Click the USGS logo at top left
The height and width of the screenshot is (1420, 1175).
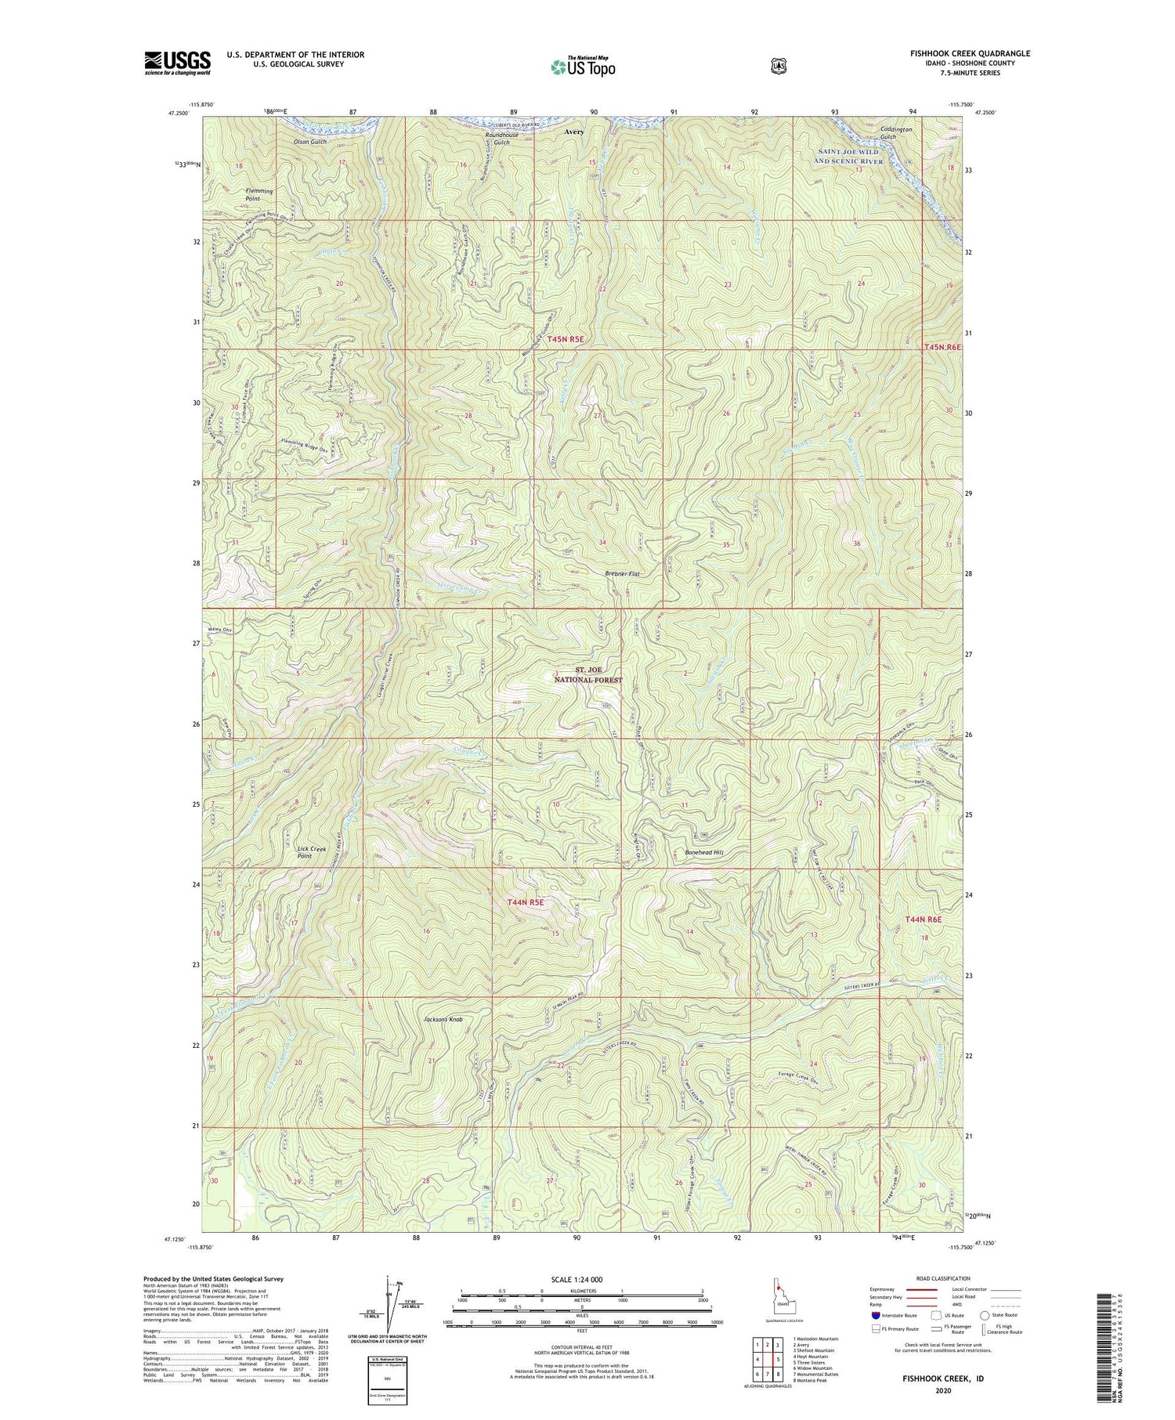[x=177, y=63]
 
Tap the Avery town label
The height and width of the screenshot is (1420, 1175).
[x=574, y=132]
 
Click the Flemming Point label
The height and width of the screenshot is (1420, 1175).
[x=259, y=195]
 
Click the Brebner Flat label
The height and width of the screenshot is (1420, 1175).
[x=622, y=574]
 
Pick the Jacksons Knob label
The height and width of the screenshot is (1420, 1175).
[x=443, y=1020]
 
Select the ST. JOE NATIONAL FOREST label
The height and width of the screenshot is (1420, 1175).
[x=588, y=675]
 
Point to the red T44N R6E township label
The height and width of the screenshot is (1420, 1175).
[x=923, y=919]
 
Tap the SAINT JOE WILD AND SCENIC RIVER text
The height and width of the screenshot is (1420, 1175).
[x=848, y=157]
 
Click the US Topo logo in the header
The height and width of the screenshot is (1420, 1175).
[x=583, y=66]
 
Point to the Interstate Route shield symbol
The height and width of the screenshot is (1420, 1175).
[x=875, y=1315]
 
